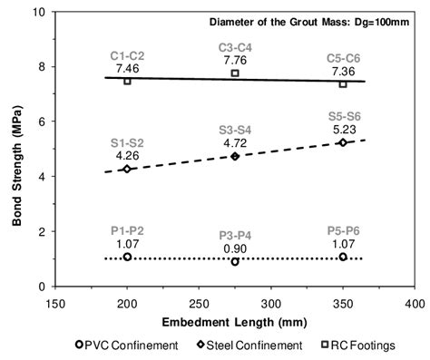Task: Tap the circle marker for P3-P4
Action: coord(235,262)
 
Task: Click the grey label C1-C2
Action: coord(127,55)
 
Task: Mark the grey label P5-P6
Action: coord(343,230)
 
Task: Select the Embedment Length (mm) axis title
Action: coord(235,320)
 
